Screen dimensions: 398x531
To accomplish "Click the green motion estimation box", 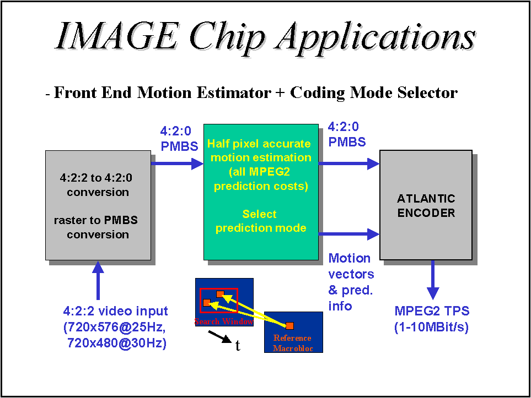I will coord(260,193).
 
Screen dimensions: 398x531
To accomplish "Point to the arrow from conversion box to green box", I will coord(176,163).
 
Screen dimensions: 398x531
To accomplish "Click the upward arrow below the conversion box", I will coord(98,280).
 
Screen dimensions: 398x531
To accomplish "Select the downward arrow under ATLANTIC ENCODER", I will coord(433,280).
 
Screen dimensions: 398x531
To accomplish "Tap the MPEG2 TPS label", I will coord(432,312).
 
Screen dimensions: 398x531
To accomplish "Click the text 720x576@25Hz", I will coord(115,328).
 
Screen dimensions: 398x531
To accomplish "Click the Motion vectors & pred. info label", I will coord(351,281).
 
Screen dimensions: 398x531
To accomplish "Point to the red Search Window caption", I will coord(223,321).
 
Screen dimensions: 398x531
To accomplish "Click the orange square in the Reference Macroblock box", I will coord(289,326).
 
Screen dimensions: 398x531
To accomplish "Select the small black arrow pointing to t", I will coord(220,336).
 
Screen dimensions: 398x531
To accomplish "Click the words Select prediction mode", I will coord(260,221).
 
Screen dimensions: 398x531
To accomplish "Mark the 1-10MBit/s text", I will coord(431,327).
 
